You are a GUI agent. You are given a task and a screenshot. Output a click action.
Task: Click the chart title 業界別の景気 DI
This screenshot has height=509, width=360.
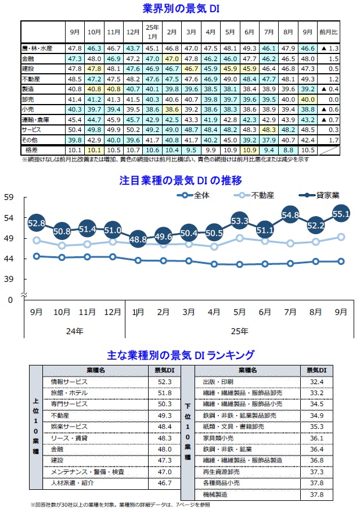(x=179, y=9)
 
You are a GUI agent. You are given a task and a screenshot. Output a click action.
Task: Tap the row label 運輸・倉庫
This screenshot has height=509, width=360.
(x=35, y=119)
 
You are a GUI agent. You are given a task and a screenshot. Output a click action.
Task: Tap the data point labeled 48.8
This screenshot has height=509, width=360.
(x=138, y=239)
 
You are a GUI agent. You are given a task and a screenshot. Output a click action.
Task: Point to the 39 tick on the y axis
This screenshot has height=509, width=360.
(x=9, y=279)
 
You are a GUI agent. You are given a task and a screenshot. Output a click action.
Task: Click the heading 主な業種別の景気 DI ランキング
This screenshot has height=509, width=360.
(x=180, y=354)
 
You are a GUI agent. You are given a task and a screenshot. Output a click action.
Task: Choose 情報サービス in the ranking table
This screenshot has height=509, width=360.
(x=69, y=382)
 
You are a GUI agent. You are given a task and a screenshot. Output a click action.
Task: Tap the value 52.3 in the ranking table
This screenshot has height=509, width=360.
(x=165, y=382)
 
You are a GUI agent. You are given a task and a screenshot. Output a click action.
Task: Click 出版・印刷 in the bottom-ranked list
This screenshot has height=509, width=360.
(x=218, y=382)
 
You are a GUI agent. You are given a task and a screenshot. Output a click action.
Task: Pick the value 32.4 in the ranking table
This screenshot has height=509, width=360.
(x=316, y=382)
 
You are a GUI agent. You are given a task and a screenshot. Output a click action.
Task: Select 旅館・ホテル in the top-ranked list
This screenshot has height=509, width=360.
(x=69, y=393)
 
